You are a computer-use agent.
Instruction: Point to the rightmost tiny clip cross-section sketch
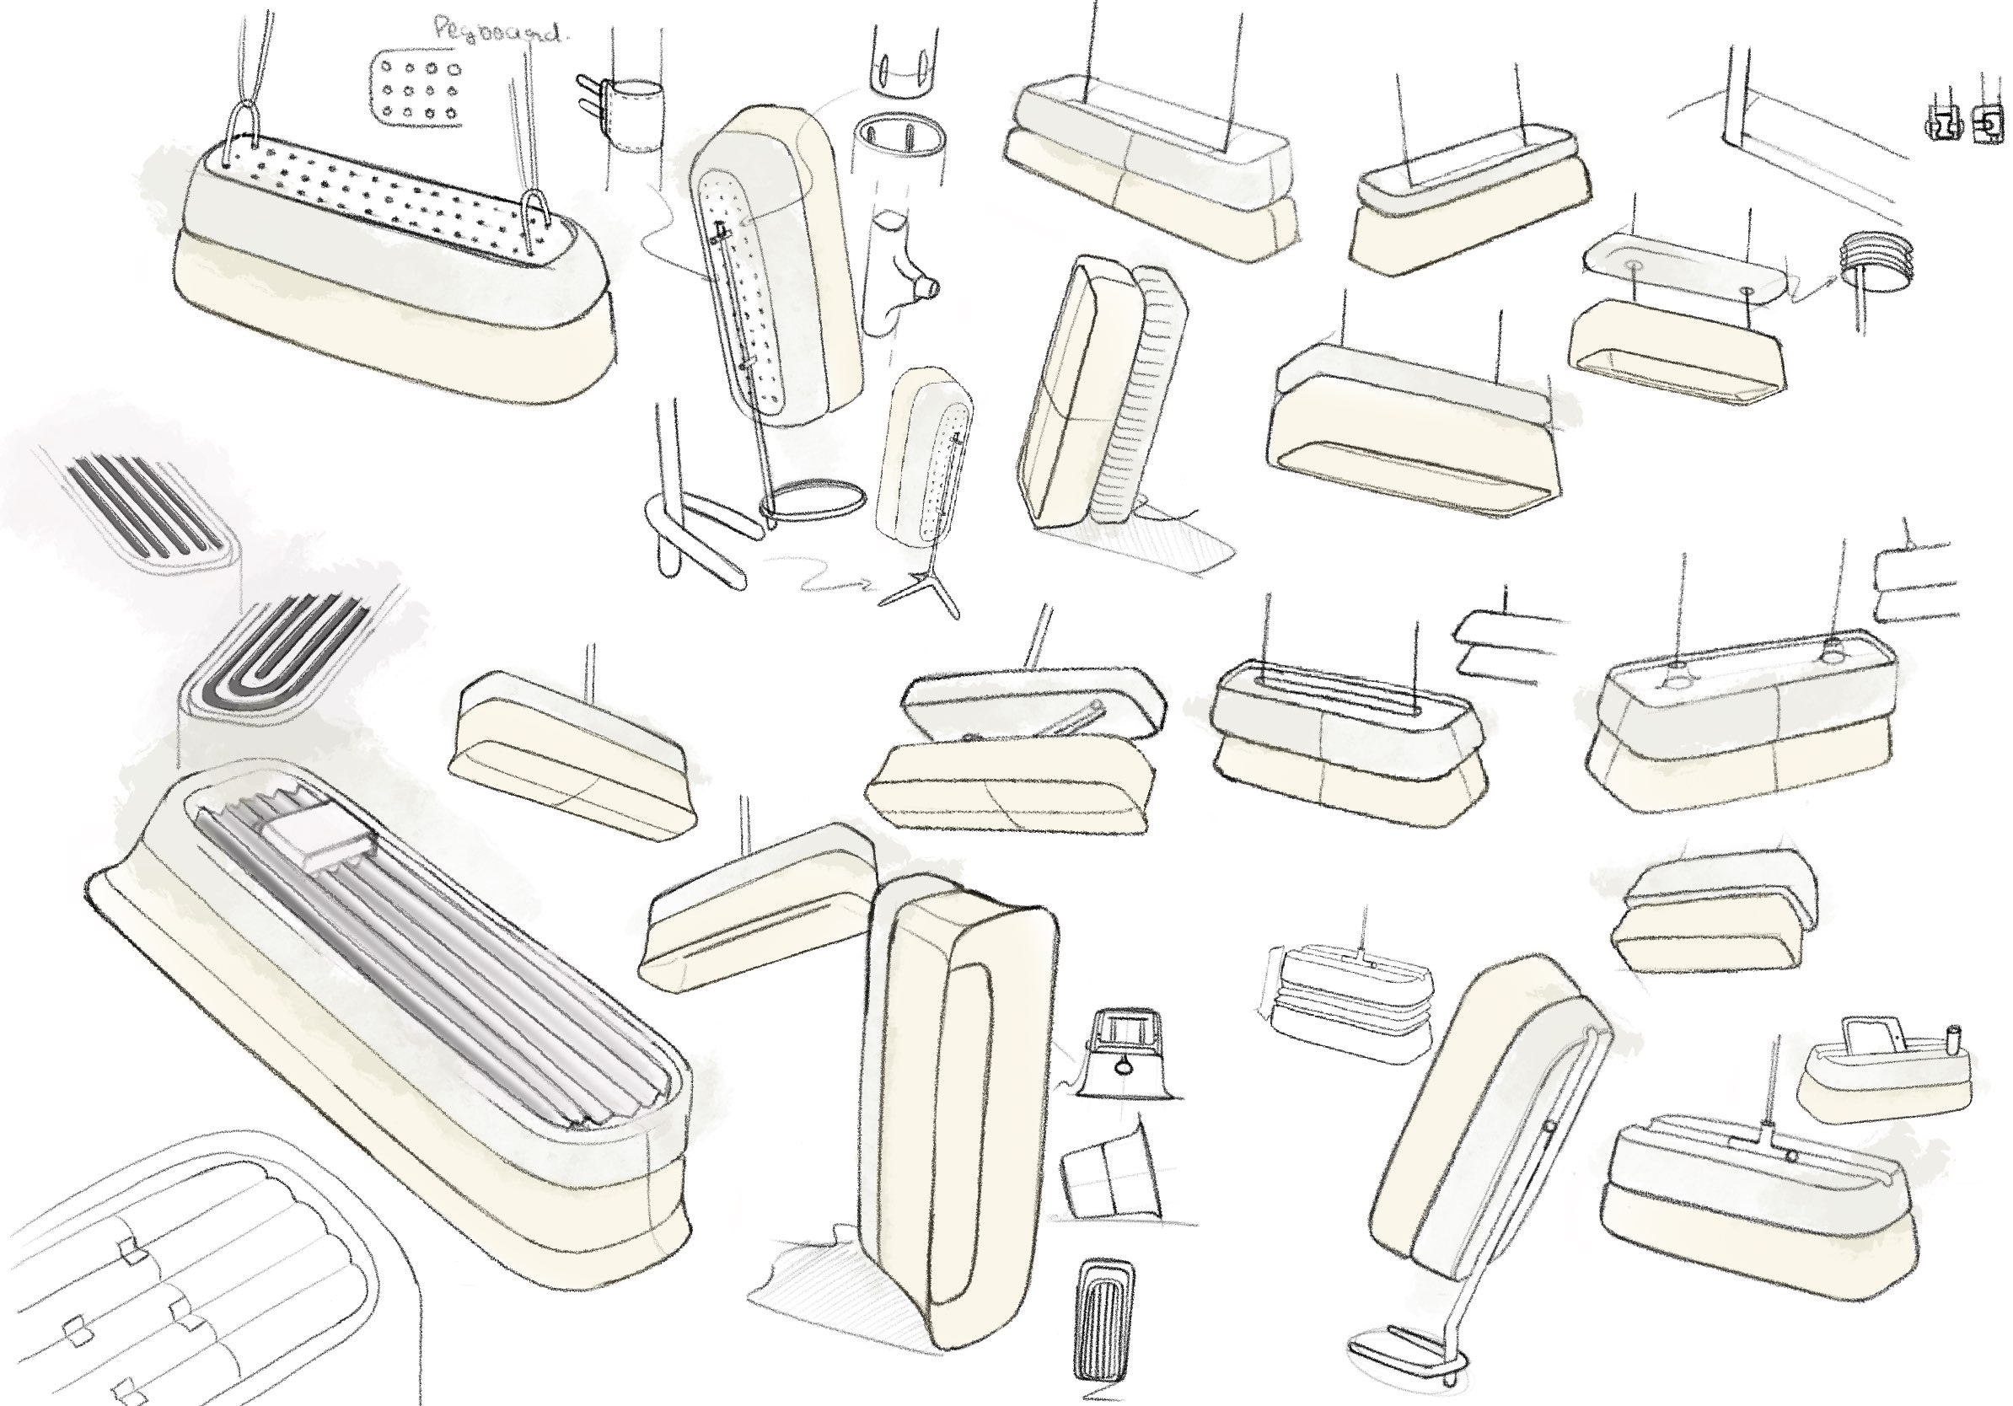1987,124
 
